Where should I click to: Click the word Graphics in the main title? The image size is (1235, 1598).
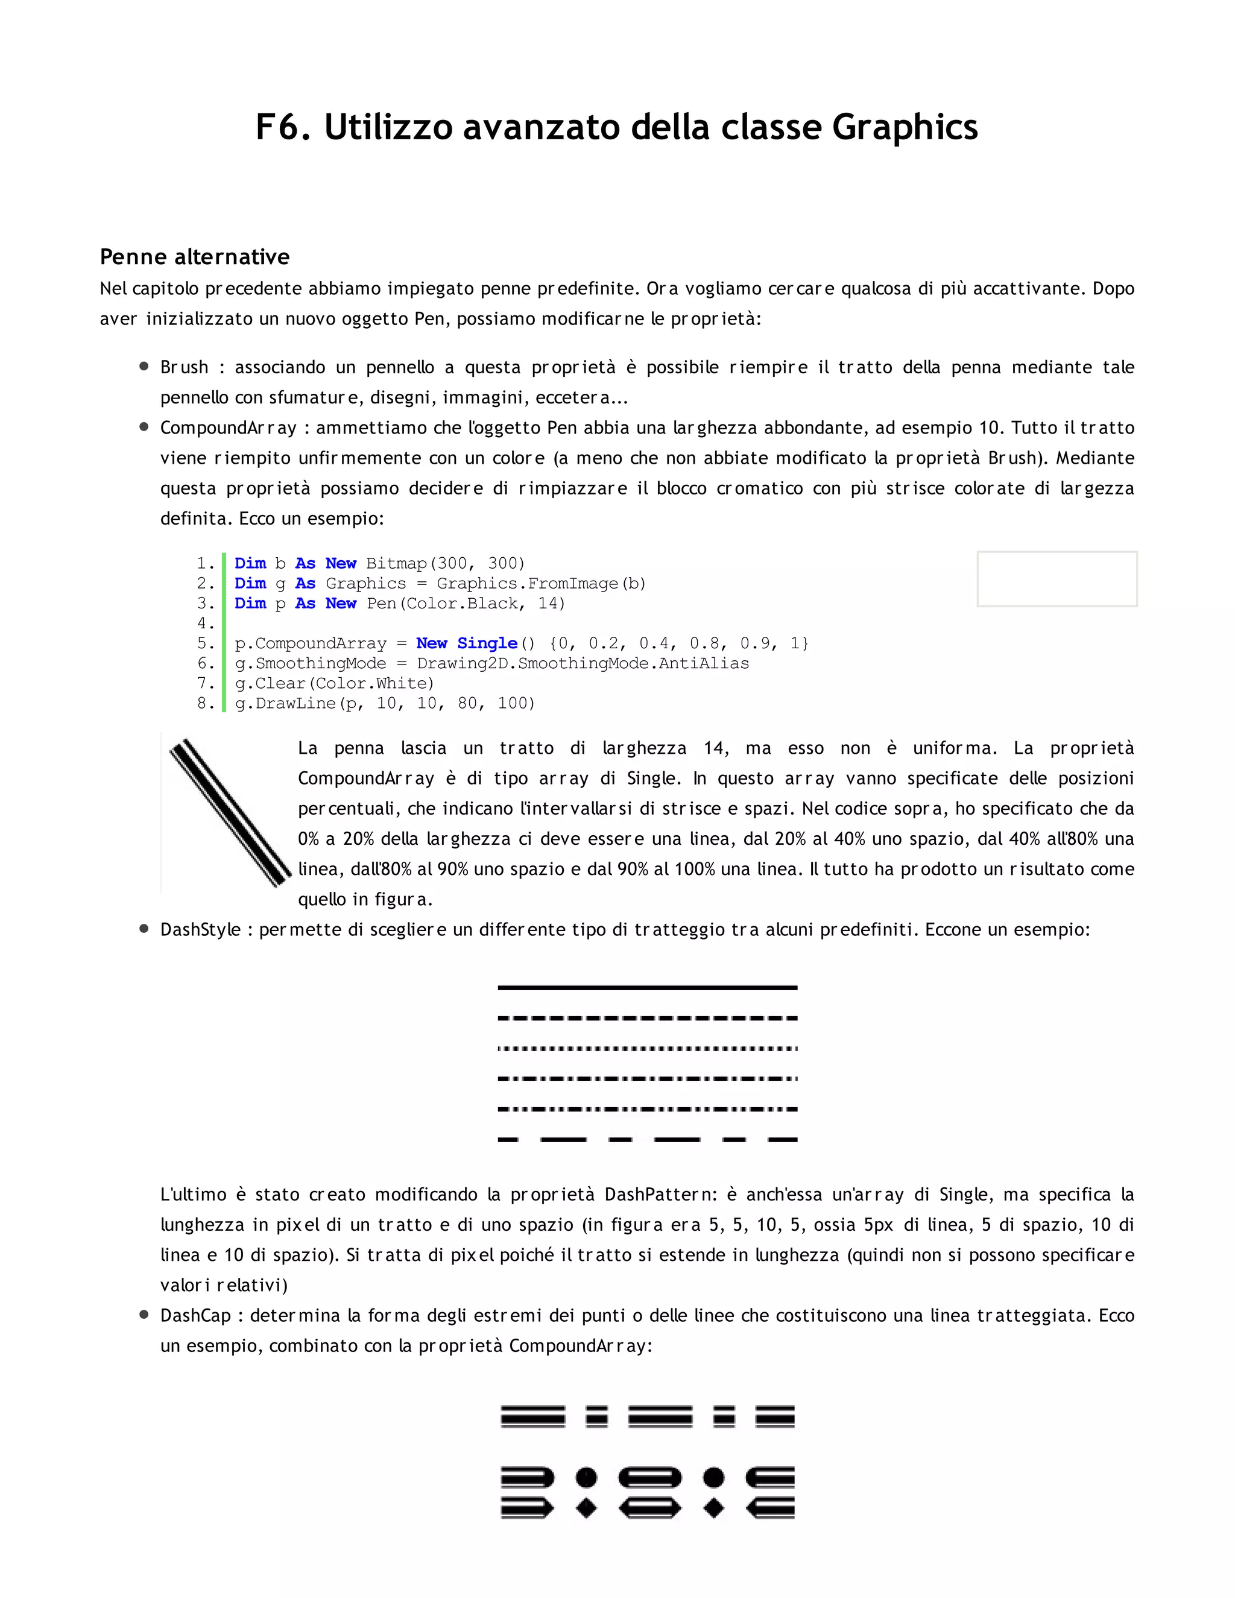905,128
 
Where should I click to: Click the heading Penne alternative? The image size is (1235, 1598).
195,257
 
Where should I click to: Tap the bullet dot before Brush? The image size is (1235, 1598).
144,367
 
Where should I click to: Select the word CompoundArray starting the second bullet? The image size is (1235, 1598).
229,428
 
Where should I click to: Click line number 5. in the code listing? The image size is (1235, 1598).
206,644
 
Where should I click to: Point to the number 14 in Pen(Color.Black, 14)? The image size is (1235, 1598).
550,604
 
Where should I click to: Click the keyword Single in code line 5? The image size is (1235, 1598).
487,644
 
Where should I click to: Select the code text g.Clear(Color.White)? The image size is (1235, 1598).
334,683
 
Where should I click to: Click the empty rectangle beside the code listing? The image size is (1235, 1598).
1057,579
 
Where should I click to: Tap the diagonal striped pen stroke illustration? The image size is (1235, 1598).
229,812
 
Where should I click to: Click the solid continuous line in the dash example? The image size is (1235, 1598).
647,988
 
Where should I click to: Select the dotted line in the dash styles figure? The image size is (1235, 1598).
647,1049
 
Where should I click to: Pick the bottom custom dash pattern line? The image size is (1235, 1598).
647,1139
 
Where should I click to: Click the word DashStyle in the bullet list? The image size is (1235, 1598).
200,930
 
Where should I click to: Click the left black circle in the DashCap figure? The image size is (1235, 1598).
586,1477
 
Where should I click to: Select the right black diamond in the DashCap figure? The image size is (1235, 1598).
713,1508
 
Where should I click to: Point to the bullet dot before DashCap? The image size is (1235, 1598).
144,1315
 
